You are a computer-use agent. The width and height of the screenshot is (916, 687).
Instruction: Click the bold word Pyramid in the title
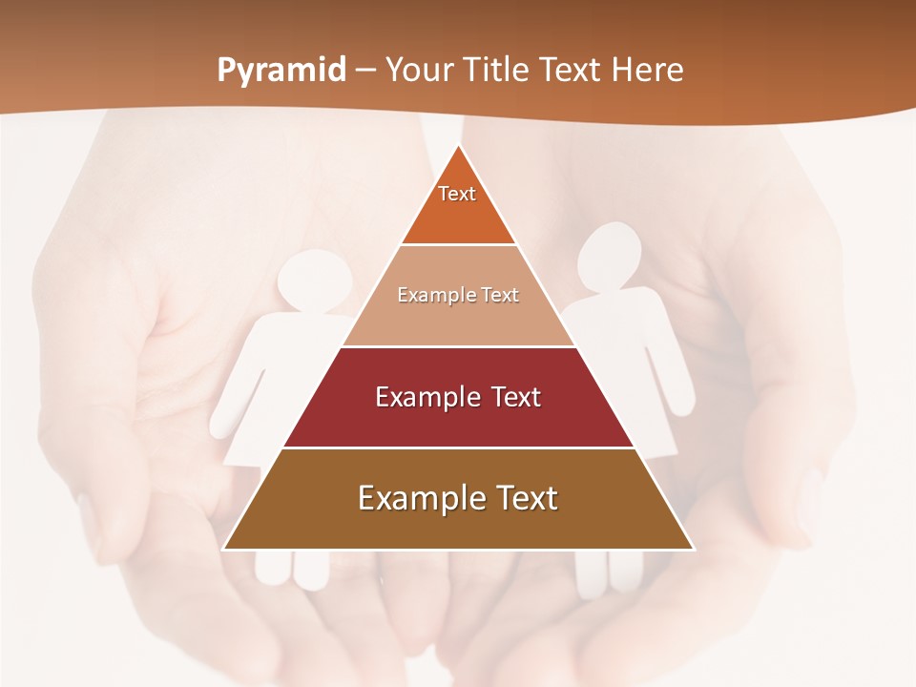coord(281,71)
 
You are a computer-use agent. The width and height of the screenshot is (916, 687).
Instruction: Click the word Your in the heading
coord(418,71)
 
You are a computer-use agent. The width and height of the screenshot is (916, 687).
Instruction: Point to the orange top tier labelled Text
coord(458,205)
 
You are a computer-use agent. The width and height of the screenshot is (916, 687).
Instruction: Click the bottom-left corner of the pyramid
coord(223,550)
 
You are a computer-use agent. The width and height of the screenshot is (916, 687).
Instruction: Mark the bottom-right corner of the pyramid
coord(694,550)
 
